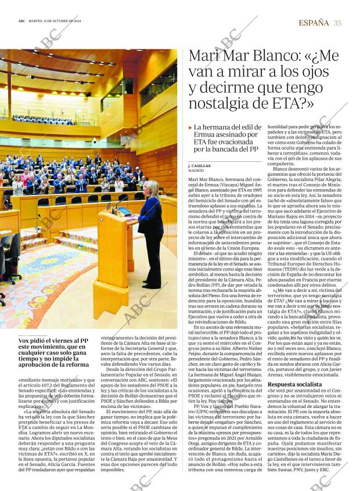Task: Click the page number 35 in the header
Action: pos(337,23)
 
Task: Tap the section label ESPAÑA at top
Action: pos(314,23)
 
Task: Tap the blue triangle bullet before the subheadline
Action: pos(190,127)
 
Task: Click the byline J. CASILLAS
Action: pos(199,166)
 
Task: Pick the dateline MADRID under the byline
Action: pos(196,171)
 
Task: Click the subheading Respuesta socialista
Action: pos(294,384)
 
